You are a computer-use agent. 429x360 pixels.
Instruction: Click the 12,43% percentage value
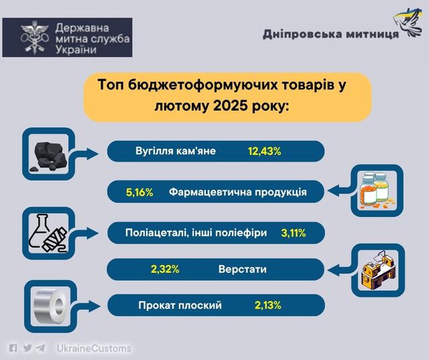(265, 152)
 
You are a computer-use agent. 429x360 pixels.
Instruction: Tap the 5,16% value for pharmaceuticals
(139, 192)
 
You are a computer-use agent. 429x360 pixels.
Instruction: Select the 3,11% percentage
(294, 233)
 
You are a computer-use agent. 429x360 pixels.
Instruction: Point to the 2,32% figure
(165, 269)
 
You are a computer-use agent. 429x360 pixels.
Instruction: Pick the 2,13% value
(268, 305)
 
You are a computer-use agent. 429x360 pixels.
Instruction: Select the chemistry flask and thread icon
(48, 233)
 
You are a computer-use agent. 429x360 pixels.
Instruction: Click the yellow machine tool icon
(378, 270)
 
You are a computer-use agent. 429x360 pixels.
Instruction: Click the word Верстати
(243, 269)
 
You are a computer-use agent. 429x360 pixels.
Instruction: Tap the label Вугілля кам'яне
(176, 151)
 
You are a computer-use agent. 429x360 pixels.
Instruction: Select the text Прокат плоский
(180, 305)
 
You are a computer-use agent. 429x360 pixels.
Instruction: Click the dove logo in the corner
(407, 22)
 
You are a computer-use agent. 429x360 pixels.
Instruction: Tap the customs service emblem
(35, 38)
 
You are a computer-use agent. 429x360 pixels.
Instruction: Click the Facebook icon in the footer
(13, 348)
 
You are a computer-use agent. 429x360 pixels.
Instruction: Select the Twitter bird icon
(27, 348)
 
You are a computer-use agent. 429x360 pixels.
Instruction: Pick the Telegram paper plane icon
(41, 348)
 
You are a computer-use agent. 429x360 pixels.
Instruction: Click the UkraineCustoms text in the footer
(94, 349)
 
